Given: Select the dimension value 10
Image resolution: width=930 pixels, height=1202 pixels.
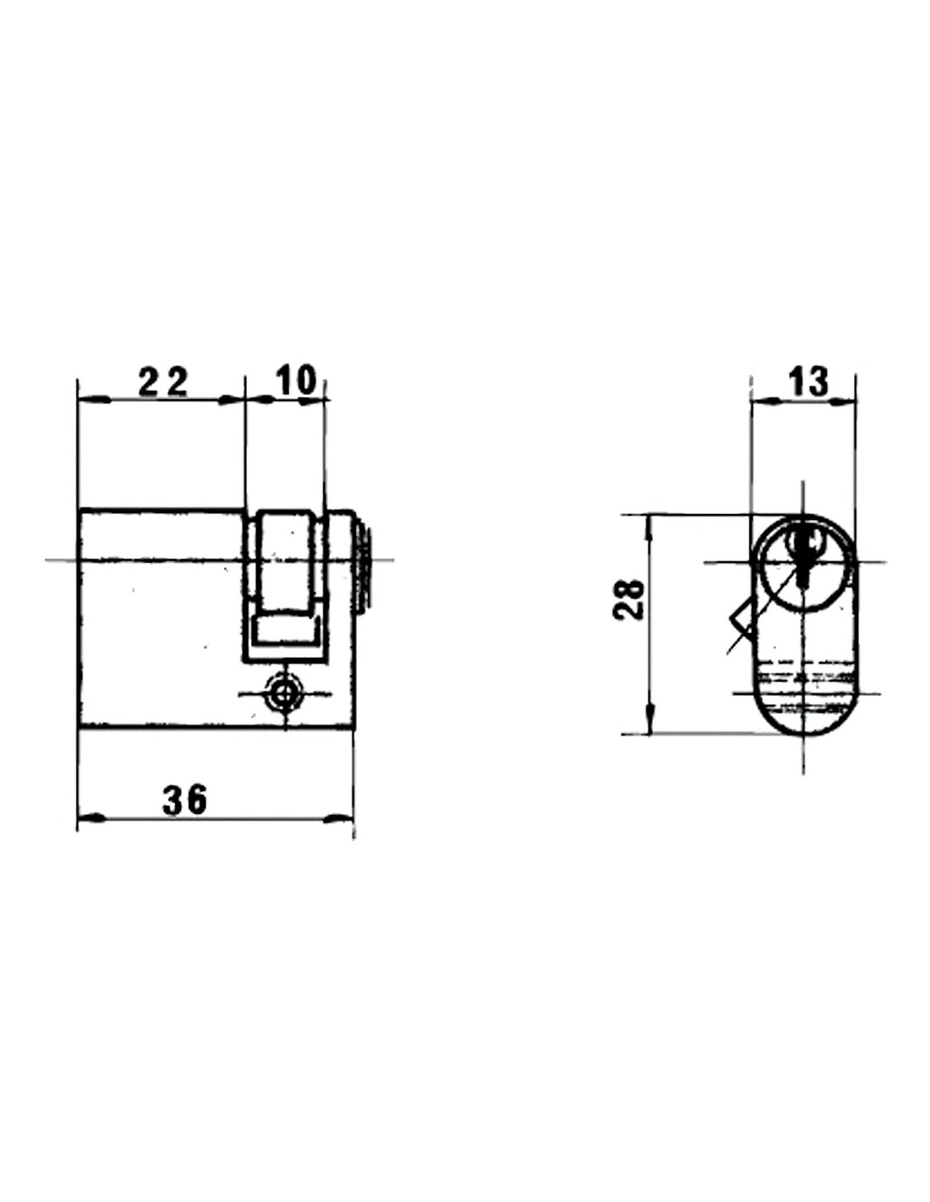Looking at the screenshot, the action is [x=295, y=380].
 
